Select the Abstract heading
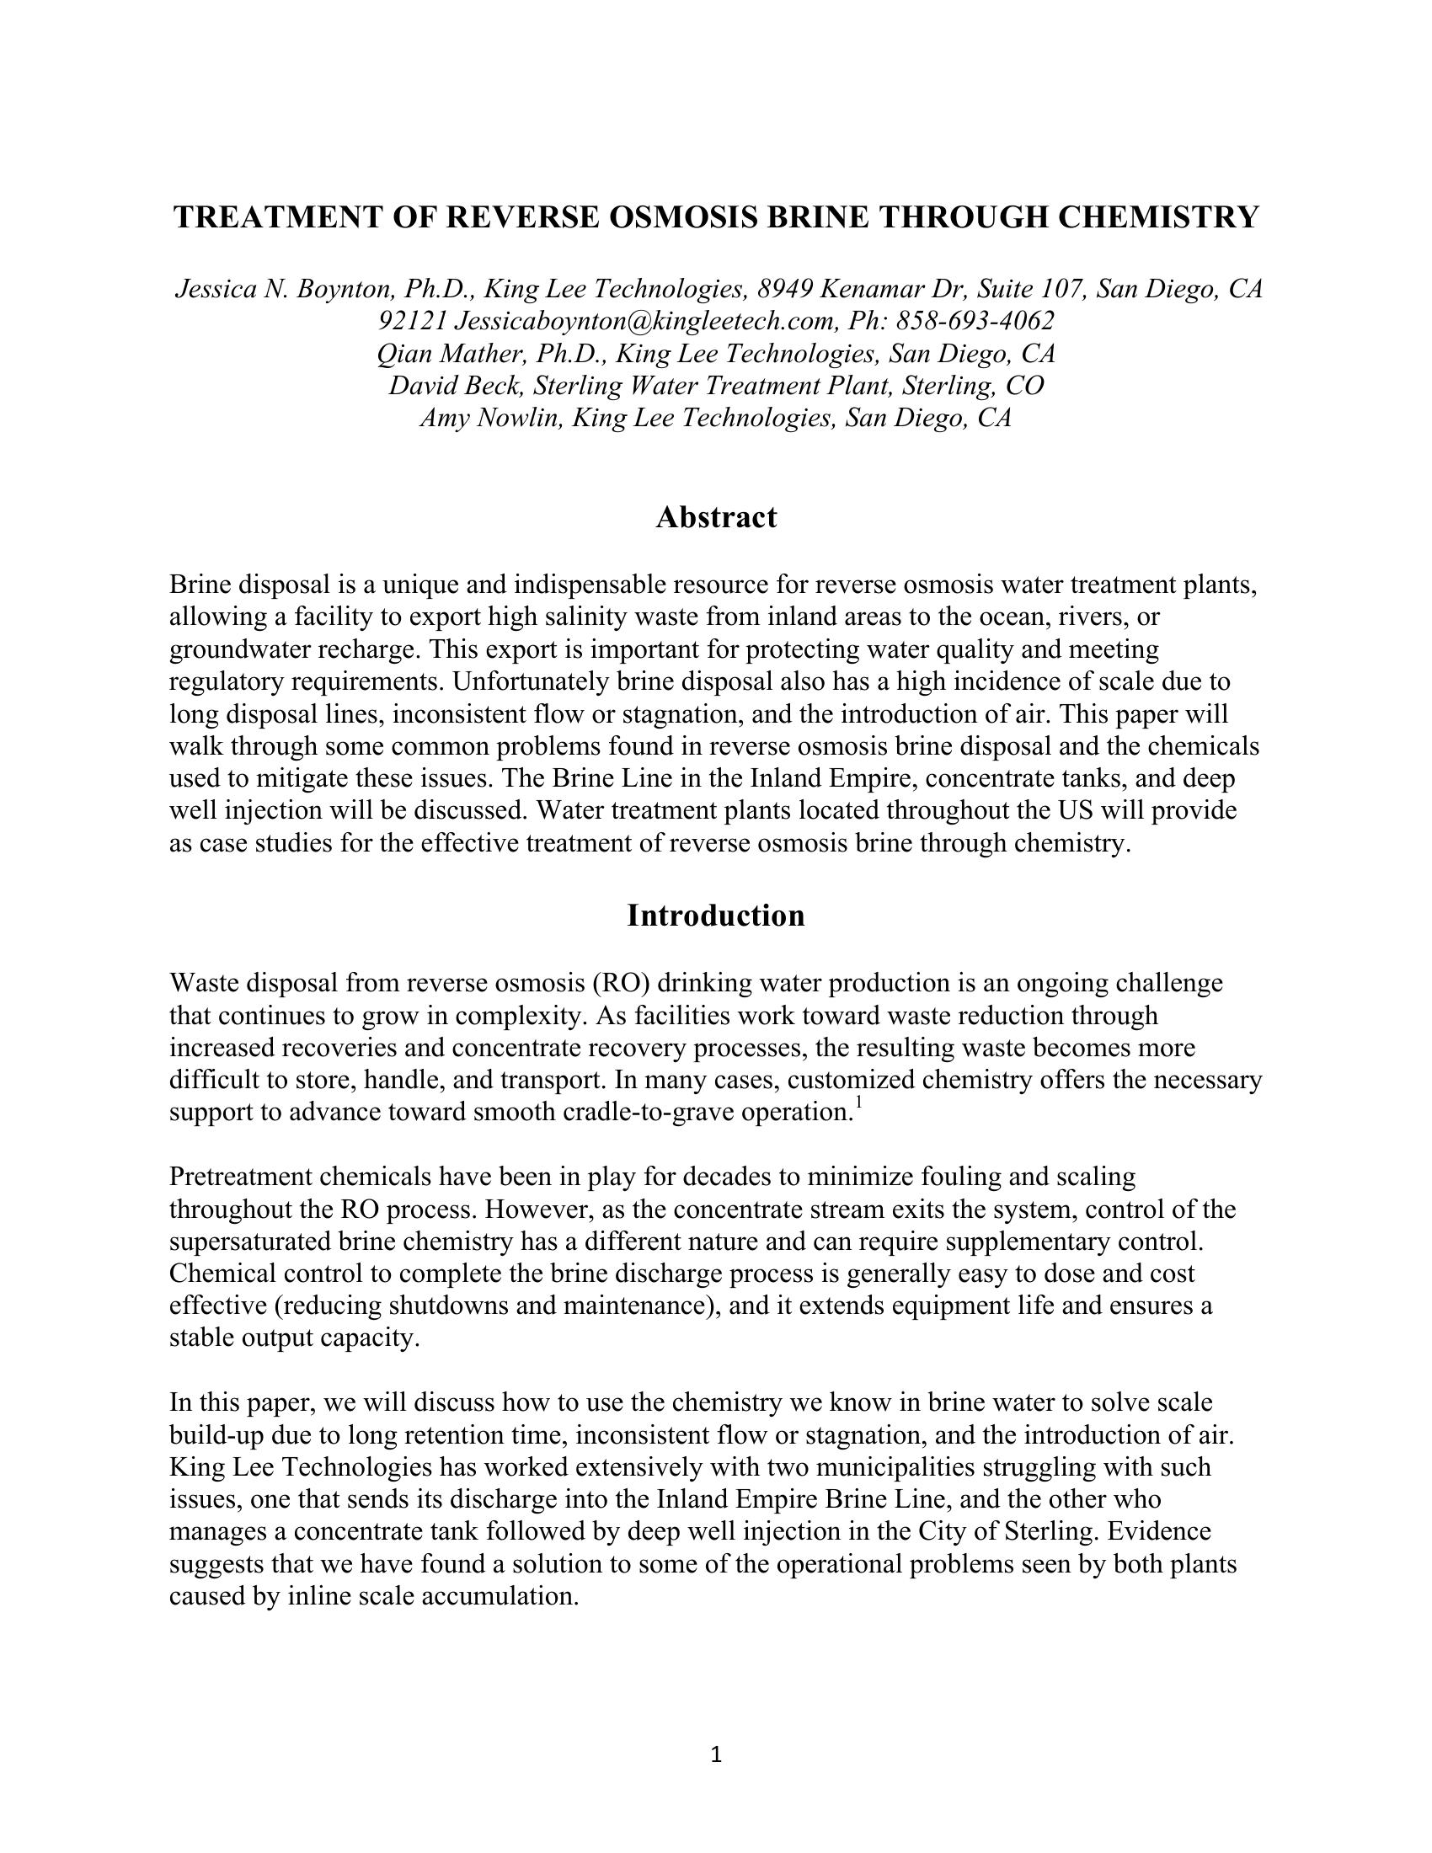coord(716,516)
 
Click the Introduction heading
coord(716,916)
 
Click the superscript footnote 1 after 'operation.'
coord(858,1103)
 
